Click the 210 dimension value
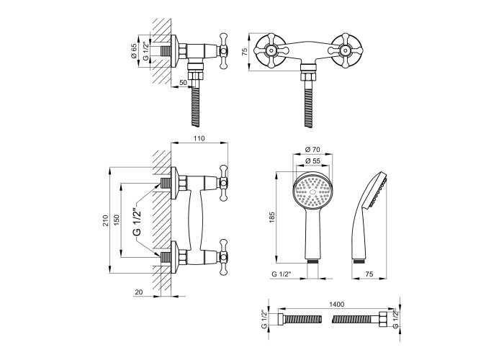coord(105,220)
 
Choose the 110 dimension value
coord(200,139)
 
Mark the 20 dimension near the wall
coord(139,292)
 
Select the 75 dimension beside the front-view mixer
coord(246,51)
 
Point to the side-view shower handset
coord(367,216)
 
